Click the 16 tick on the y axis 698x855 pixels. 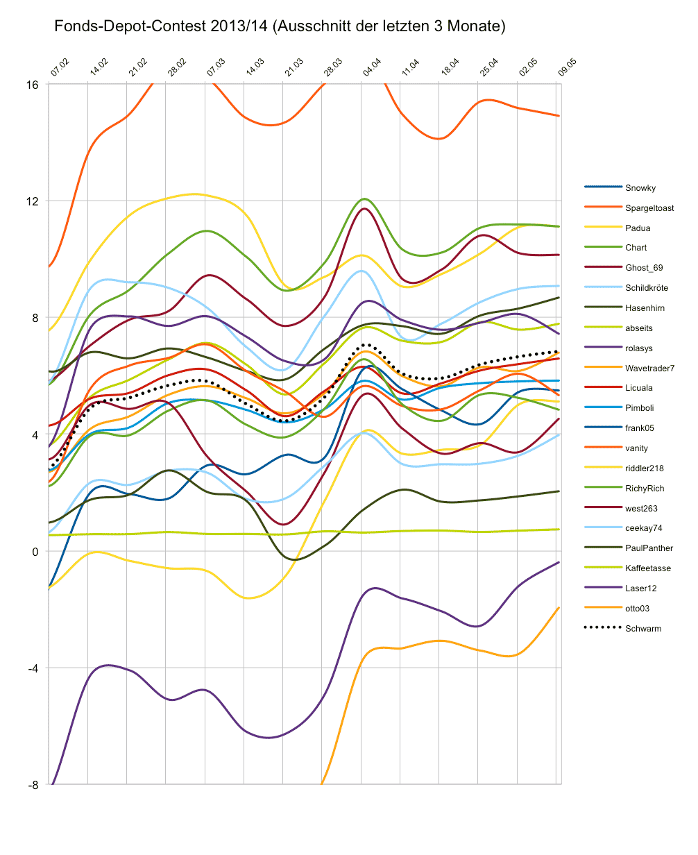coord(33,85)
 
